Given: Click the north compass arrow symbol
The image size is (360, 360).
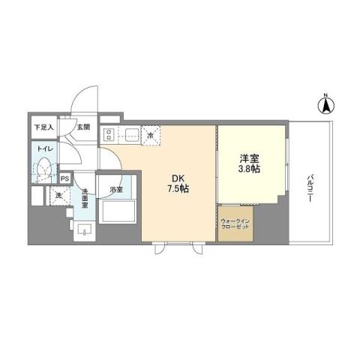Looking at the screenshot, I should [326, 105].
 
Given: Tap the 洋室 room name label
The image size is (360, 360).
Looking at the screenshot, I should [250, 159].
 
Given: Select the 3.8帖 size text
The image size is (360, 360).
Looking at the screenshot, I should [250, 170].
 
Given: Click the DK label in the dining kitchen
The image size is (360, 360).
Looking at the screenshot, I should [178, 178].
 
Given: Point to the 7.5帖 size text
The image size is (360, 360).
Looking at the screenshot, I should [178, 189].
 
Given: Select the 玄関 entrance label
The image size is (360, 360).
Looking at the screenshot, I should [83, 127].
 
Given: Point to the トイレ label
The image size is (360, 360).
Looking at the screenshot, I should [42, 149].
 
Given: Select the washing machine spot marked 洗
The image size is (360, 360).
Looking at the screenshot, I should [58, 196].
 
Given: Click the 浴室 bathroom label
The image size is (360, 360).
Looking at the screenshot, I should [116, 190].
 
